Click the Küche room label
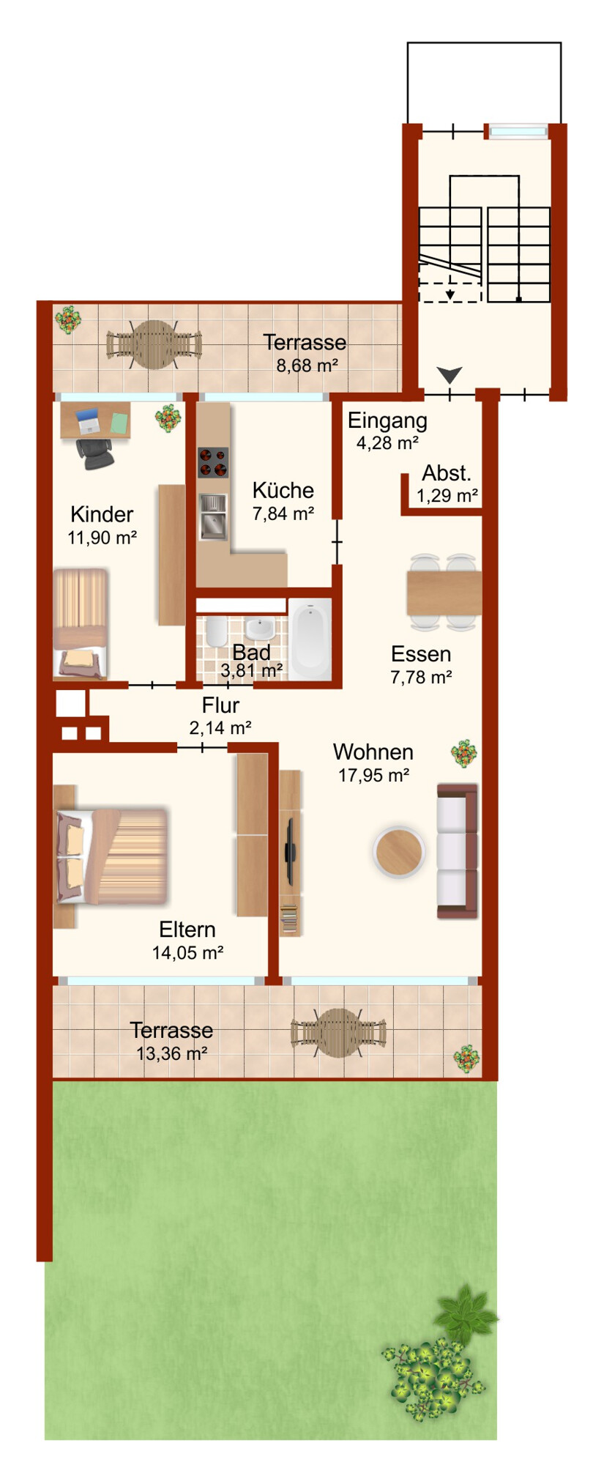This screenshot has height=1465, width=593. click(283, 490)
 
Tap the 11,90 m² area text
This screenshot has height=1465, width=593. click(102, 538)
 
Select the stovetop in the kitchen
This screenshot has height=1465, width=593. click(213, 462)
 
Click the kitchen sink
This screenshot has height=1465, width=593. click(213, 516)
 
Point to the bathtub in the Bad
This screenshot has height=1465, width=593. click(310, 639)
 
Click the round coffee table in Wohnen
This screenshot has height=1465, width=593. click(399, 852)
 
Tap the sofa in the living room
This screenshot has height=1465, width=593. click(458, 850)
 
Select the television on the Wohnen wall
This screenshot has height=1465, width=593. click(291, 850)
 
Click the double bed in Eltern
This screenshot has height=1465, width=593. click(112, 856)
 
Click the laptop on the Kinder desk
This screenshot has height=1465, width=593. click(87, 421)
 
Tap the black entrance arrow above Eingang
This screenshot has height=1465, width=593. click(450, 376)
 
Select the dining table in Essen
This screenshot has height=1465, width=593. click(444, 593)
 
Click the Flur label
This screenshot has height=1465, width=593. click(220, 705)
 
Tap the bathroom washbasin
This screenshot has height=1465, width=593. click(259, 628)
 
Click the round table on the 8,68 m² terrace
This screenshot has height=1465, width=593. click(154, 344)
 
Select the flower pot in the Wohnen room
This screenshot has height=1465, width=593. click(464, 754)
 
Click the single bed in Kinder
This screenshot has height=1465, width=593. click(81, 623)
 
